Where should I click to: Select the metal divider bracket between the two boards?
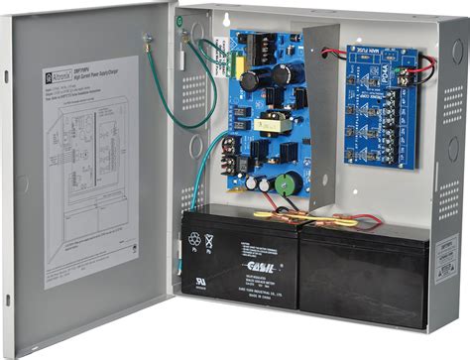pos(322,109)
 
